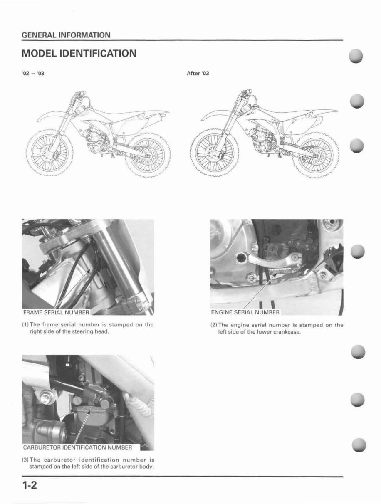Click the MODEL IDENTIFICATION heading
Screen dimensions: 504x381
(79, 54)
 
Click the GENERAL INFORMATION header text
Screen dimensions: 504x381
(66, 35)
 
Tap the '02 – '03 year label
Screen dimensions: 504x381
(33, 74)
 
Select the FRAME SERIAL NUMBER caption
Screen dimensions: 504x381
(56, 312)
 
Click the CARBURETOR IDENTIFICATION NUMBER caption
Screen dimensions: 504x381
(77, 448)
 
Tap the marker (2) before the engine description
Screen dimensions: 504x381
(214, 325)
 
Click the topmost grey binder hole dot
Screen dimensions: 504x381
(357, 57)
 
